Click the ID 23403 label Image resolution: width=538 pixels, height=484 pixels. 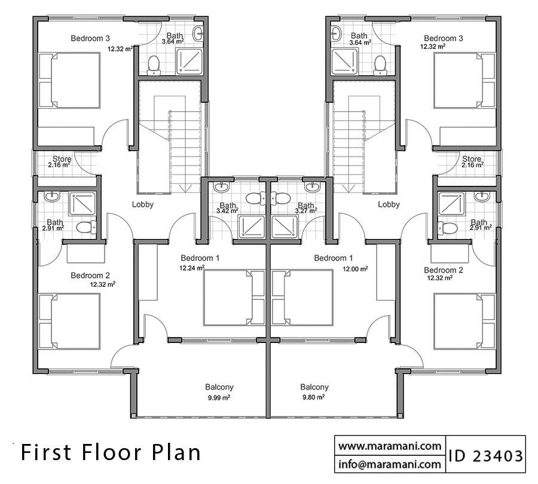tap(485, 456)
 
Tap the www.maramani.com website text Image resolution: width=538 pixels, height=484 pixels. tap(389, 446)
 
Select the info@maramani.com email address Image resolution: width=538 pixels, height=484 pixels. tap(389, 464)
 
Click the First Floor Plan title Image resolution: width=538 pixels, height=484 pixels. tap(111, 452)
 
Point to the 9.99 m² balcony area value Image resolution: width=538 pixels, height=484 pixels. tap(219, 397)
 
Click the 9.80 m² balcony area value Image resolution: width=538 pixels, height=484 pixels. tap(313, 397)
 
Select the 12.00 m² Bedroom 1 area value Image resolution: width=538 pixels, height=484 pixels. tap(355, 269)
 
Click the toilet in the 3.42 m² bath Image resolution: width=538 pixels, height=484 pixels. tap(252, 198)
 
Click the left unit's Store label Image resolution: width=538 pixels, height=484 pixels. tap(62, 160)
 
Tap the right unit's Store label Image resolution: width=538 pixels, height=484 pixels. tap(471, 160)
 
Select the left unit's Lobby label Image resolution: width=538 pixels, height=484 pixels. tap(143, 204)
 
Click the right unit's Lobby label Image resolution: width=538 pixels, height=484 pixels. tap(389, 204)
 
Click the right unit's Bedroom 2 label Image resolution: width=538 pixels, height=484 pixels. tap(443, 269)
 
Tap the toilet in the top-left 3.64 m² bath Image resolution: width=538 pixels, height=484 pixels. tap(154, 64)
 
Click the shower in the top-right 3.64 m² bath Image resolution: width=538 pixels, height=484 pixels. tap(345, 61)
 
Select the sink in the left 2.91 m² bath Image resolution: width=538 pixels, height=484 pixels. tap(51, 196)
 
